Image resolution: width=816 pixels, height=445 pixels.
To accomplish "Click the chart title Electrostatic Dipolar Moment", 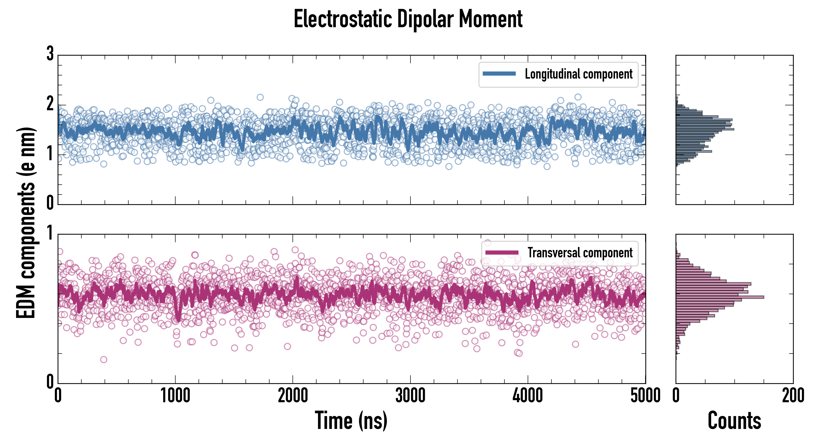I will coord(408,20).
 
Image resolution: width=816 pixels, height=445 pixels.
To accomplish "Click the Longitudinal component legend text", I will coord(578,74).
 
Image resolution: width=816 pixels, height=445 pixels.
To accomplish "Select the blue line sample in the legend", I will coord(499,74).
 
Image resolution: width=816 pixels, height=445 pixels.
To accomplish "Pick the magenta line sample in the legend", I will coord(501,252).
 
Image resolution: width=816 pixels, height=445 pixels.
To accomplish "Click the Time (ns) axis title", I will coord(351,421).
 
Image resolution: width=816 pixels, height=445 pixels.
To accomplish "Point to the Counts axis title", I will coord(734,421).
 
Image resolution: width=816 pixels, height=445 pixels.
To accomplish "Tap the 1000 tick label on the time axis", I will coord(175,396).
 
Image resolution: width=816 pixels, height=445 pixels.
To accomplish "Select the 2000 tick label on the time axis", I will coord(293,396).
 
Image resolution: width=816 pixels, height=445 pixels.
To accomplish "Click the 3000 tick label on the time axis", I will coord(410,396).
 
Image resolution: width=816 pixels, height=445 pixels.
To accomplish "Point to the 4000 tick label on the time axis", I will coord(528,396).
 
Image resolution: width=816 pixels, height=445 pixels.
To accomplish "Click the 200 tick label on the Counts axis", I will coord(793,396).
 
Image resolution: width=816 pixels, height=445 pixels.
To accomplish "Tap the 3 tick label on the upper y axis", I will coord(50,54).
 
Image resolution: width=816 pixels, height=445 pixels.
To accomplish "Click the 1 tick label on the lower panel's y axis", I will coord(50,233).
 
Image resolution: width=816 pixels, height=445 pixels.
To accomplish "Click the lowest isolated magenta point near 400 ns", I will coord(104,359).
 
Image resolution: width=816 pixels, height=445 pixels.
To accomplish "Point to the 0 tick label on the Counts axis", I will coord(676,396).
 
